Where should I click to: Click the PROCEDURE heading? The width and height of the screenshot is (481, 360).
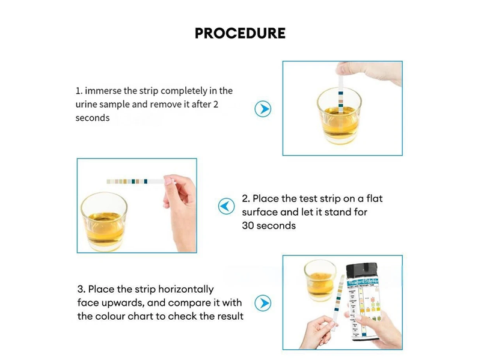(x=240, y=33)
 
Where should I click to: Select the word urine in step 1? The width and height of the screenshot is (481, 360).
(x=88, y=105)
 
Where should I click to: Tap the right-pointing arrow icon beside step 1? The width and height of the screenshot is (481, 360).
(x=263, y=109)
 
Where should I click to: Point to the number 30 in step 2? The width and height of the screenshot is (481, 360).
(x=248, y=226)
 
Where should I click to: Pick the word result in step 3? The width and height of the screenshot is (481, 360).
(x=230, y=316)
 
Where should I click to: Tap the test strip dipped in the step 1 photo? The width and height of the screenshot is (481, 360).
(x=340, y=90)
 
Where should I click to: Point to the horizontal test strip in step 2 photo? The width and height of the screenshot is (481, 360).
(x=135, y=180)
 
